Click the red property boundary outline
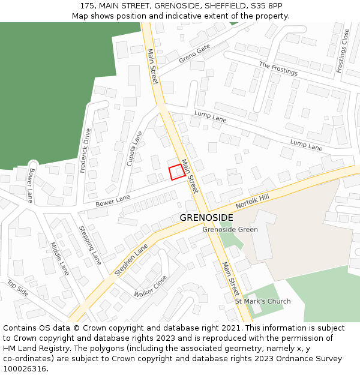[176, 172]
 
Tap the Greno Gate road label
[194, 53]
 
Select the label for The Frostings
[278, 68]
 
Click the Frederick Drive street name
[85, 151]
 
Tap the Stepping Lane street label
[91, 245]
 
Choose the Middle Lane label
[61, 259]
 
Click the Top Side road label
[17, 288]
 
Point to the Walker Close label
[151, 286]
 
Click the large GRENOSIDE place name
[206, 217]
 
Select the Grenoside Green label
[230, 229]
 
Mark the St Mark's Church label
[262, 301]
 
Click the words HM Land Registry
[31, 349]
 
